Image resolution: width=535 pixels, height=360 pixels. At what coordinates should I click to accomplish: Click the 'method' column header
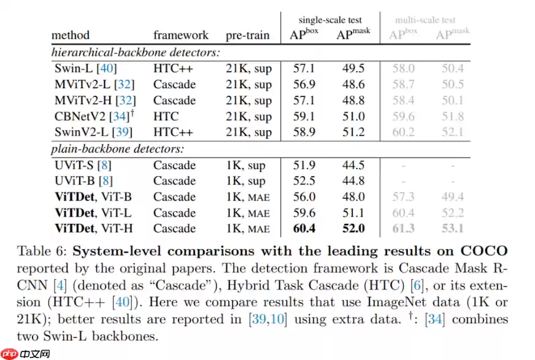click(x=70, y=35)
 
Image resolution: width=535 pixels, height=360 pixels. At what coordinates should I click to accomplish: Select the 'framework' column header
click(x=180, y=35)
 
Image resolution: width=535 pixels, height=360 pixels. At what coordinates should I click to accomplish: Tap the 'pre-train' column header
click(x=247, y=35)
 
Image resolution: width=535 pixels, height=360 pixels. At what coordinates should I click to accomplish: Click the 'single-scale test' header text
click(x=331, y=20)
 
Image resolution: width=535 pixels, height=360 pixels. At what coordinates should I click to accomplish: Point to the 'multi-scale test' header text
click(x=426, y=20)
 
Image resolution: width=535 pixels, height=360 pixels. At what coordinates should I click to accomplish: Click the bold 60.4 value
click(x=304, y=229)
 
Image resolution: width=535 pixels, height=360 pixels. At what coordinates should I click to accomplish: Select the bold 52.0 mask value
click(x=354, y=229)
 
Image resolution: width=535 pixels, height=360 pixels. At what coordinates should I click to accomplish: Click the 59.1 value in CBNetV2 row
click(x=304, y=117)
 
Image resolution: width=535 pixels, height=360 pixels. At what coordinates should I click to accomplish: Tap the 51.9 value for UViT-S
click(x=304, y=165)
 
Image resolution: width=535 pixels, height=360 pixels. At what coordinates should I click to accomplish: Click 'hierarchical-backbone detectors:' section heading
click(x=136, y=53)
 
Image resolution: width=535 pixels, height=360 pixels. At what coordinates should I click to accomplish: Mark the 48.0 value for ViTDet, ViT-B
click(x=354, y=197)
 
